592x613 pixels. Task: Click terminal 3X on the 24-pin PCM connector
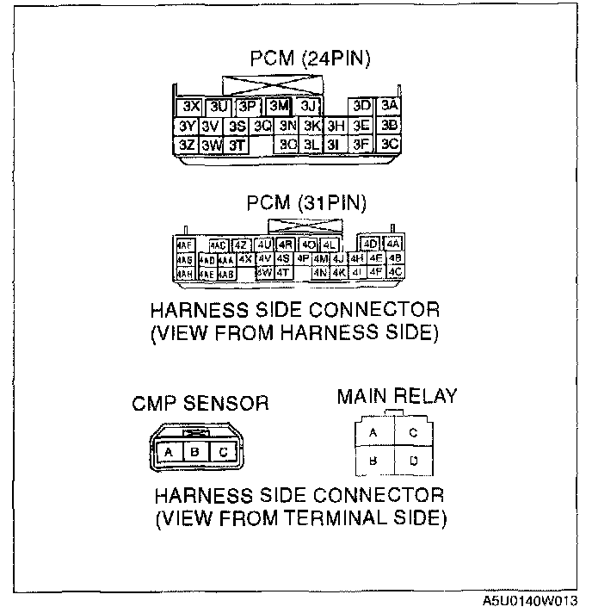191,107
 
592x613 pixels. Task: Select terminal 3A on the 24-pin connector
390,106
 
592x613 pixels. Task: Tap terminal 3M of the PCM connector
277,107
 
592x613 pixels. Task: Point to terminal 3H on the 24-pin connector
336,126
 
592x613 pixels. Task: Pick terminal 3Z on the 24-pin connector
187,145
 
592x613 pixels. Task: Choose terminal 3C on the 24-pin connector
390,144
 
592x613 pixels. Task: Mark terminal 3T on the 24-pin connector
237,145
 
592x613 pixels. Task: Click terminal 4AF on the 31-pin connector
184,245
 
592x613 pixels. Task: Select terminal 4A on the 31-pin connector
394,245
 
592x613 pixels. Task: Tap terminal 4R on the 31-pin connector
287,245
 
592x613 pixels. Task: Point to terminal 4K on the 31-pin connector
338,273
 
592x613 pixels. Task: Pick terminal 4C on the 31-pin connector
395,272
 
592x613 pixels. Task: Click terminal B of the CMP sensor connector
196,451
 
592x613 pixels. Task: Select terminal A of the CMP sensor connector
170,451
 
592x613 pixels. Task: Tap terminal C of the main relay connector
414,433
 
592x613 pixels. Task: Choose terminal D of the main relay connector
414,461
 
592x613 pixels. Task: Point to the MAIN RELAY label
397,396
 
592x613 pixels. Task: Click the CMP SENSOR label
200,403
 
